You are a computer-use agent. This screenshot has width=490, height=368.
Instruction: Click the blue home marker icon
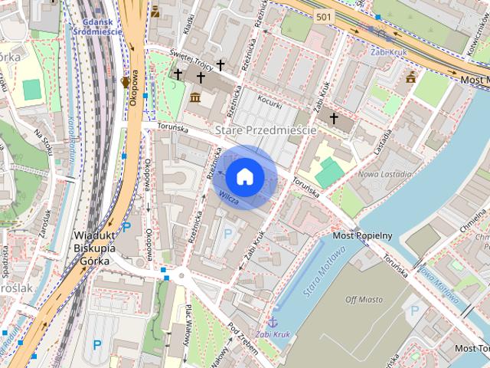(244, 176)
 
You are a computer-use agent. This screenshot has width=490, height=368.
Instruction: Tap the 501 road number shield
(324, 16)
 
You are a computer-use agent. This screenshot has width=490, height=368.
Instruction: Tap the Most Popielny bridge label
(364, 235)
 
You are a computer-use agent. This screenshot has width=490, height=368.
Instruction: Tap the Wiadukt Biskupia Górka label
(95, 248)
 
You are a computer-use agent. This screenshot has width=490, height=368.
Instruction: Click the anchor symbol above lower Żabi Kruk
(272, 321)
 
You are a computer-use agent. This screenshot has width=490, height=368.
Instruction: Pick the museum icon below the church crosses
(194, 97)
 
